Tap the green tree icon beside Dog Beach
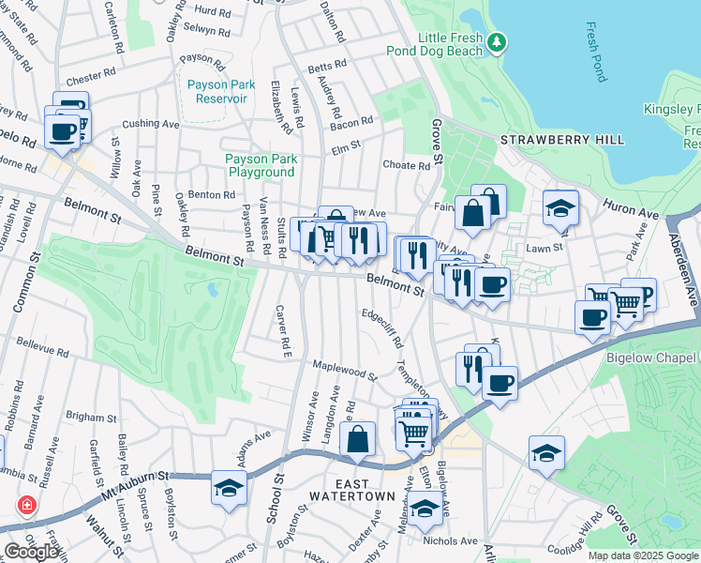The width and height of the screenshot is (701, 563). (498, 41)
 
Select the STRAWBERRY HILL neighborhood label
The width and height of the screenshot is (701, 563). (561, 140)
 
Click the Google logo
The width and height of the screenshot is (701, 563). (31, 551)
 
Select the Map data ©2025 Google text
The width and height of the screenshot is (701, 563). (644, 555)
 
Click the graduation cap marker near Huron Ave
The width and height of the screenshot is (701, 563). (560, 209)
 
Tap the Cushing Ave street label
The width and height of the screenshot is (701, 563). (149, 123)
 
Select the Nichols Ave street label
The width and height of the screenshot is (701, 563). (450, 541)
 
